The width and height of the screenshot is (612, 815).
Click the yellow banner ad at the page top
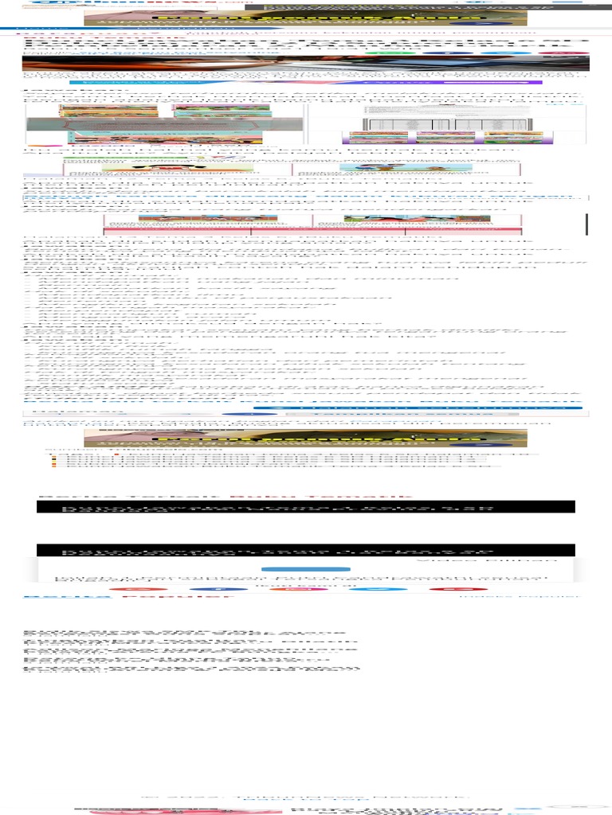305,17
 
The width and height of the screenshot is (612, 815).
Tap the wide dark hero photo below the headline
305,64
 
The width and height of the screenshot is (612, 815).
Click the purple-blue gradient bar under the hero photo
305,81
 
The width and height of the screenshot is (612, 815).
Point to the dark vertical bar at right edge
586,224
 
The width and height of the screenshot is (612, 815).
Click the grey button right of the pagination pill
402,414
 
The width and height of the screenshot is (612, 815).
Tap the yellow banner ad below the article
305,439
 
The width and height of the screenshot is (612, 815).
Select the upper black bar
305,506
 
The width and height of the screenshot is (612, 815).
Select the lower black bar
305,550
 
